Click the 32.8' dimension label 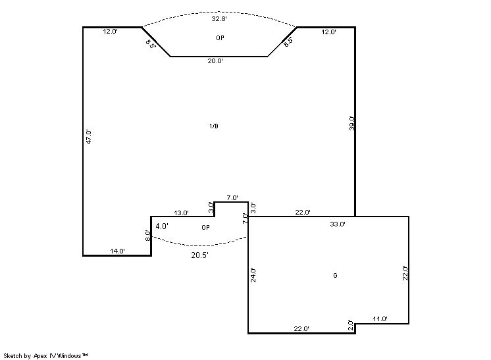[x=219, y=19]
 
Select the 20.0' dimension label [x=215, y=61]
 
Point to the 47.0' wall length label [x=89, y=137]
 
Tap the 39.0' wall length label [x=352, y=123]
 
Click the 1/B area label [x=214, y=126]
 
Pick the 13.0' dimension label [x=181, y=213]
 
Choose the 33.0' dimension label [x=338, y=224]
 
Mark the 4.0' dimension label [x=162, y=226]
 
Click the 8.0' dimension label [x=148, y=236]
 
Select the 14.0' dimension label [x=117, y=251]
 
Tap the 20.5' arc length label [x=200, y=255]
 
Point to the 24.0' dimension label [x=253, y=275]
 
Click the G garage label [x=336, y=276]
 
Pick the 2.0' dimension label [x=351, y=326]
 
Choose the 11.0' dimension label [x=380, y=319]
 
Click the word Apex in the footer [x=40, y=356]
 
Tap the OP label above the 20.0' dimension [x=220, y=38]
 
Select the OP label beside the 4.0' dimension [x=206, y=228]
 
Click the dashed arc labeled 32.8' [x=219, y=13]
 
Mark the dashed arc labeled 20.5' [x=199, y=245]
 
